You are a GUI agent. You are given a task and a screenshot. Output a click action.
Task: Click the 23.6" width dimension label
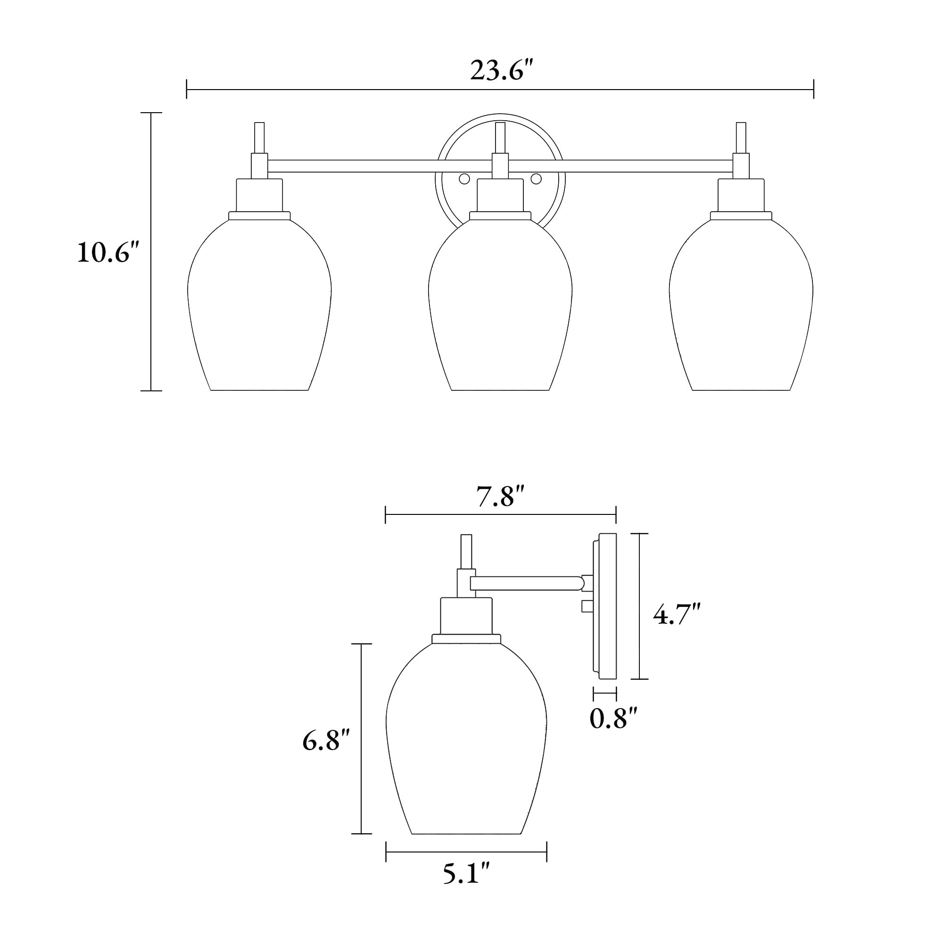[500, 71]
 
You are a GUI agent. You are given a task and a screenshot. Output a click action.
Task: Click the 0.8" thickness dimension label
[613, 719]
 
